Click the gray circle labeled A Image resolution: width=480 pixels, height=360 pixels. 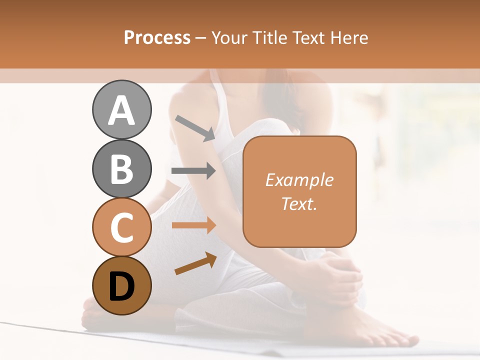pyautogui.click(x=121, y=109)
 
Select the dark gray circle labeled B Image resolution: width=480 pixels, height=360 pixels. pyautogui.click(x=121, y=168)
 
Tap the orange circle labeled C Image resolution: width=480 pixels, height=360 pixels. pyautogui.click(x=121, y=227)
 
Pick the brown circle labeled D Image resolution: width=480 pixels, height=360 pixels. pyautogui.click(x=121, y=285)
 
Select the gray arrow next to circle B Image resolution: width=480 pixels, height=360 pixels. pyautogui.click(x=193, y=171)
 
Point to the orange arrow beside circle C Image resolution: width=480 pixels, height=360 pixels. pyautogui.click(x=193, y=225)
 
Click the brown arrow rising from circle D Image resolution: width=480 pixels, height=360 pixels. pyautogui.click(x=195, y=263)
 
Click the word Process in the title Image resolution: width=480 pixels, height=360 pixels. pyautogui.click(x=157, y=38)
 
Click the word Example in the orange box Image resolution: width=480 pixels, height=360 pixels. pyautogui.click(x=299, y=180)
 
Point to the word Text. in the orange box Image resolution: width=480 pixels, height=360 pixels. pyautogui.click(x=299, y=203)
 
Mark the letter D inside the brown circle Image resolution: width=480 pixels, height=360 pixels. pyautogui.click(x=121, y=286)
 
